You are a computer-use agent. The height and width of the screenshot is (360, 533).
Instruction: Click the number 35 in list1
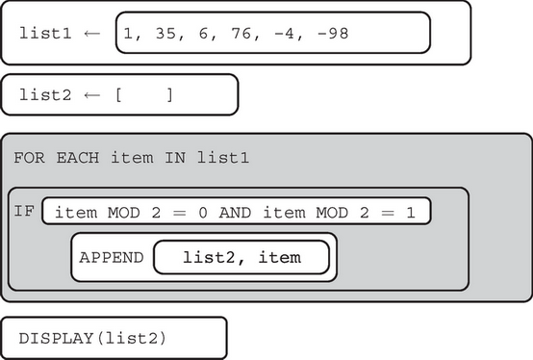point(161,34)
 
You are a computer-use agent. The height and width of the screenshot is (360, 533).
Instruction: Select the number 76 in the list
point(240,34)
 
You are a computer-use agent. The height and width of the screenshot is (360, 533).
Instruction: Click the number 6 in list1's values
point(198,34)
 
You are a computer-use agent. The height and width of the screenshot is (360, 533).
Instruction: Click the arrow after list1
point(91,34)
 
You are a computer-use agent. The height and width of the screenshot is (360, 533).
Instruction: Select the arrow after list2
point(91,95)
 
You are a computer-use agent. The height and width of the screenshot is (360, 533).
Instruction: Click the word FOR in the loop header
point(27,157)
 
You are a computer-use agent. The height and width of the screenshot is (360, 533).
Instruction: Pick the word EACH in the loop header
point(68,157)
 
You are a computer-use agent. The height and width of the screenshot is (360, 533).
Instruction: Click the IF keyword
point(24,209)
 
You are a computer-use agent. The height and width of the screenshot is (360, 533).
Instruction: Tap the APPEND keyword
point(112,257)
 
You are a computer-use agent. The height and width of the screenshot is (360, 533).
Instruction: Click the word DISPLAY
point(52,338)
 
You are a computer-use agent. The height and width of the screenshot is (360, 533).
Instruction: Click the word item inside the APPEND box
point(280,257)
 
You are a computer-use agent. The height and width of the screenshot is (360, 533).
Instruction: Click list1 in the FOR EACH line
point(225,157)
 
